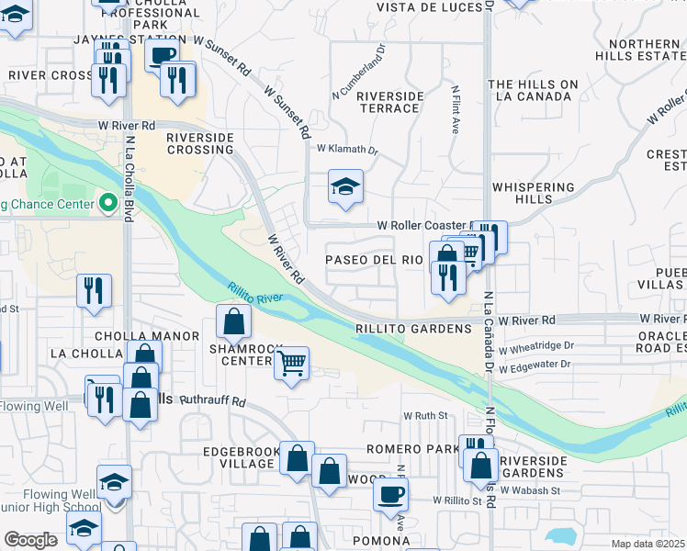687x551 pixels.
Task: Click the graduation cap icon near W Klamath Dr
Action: pyautogui.click(x=345, y=187)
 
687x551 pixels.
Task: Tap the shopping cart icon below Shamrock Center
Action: pyautogui.click(x=291, y=363)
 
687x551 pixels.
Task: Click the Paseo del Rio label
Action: pyautogui.click(x=375, y=260)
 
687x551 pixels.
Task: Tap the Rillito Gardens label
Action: pyautogui.click(x=413, y=328)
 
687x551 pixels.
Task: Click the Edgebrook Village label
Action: pyautogui.click(x=239, y=456)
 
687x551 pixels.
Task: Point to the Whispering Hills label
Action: pyautogui.click(x=534, y=193)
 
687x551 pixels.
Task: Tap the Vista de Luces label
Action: pyautogui.click(x=431, y=7)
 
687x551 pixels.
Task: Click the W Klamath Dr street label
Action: pyautogui.click(x=347, y=149)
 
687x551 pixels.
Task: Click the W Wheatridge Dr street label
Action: pyautogui.click(x=536, y=347)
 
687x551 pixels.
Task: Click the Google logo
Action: pyautogui.click(x=31, y=539)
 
